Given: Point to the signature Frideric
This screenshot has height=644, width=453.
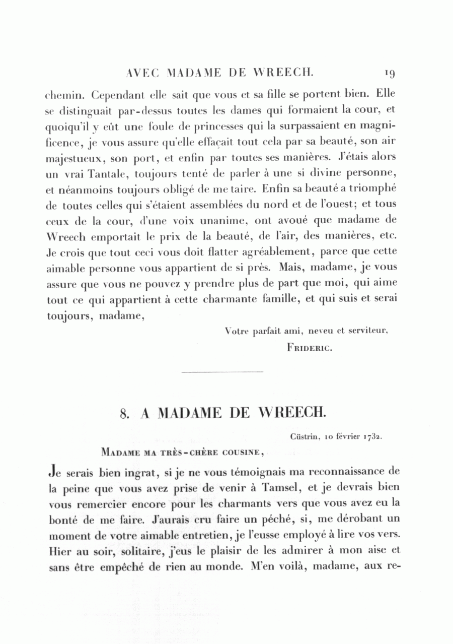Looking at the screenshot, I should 310,347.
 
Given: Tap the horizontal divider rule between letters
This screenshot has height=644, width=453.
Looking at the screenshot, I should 221,372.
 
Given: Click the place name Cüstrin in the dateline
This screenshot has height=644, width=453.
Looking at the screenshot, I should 304,437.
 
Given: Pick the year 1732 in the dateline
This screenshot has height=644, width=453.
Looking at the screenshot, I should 372,437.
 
